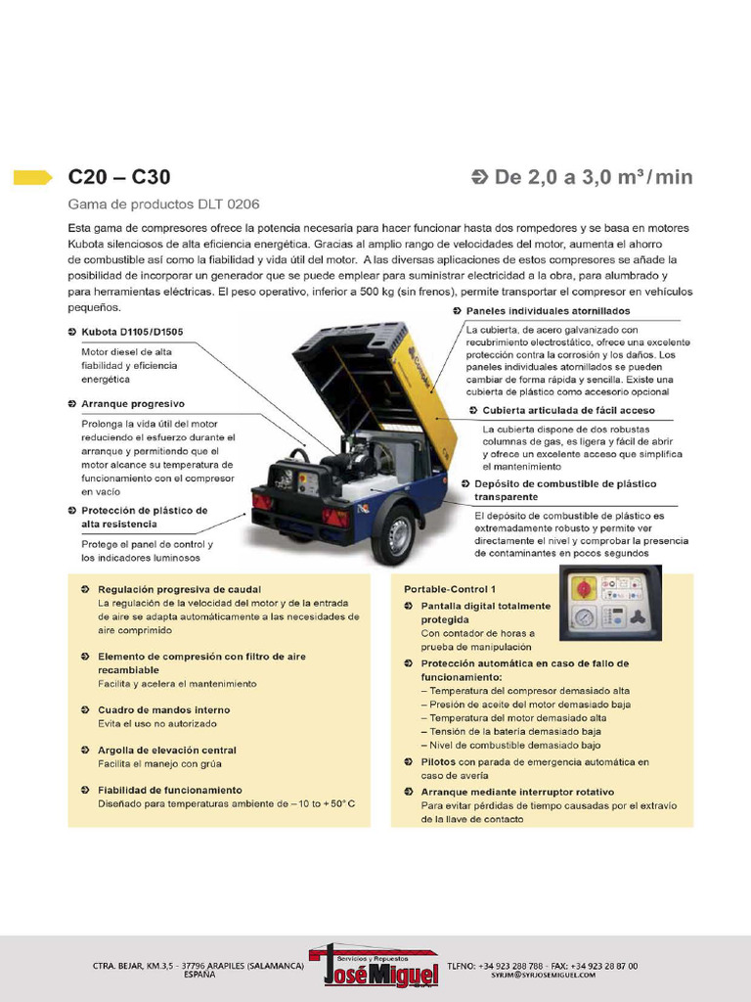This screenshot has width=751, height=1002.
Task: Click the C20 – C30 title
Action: [118, 177]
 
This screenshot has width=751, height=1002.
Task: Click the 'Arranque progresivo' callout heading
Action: [132, 403]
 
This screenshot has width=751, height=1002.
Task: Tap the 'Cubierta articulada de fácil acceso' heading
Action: [569, 410]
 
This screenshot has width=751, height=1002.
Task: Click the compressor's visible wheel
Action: [395, 534]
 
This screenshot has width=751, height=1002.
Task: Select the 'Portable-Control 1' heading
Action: [450, 589]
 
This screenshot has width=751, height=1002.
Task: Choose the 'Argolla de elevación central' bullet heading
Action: [166, 750]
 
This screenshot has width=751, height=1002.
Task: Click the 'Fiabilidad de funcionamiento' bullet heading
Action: [169, 790]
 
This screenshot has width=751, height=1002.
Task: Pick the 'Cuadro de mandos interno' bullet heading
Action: [163, 709]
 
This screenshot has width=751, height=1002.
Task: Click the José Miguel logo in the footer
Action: [374, 966]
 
